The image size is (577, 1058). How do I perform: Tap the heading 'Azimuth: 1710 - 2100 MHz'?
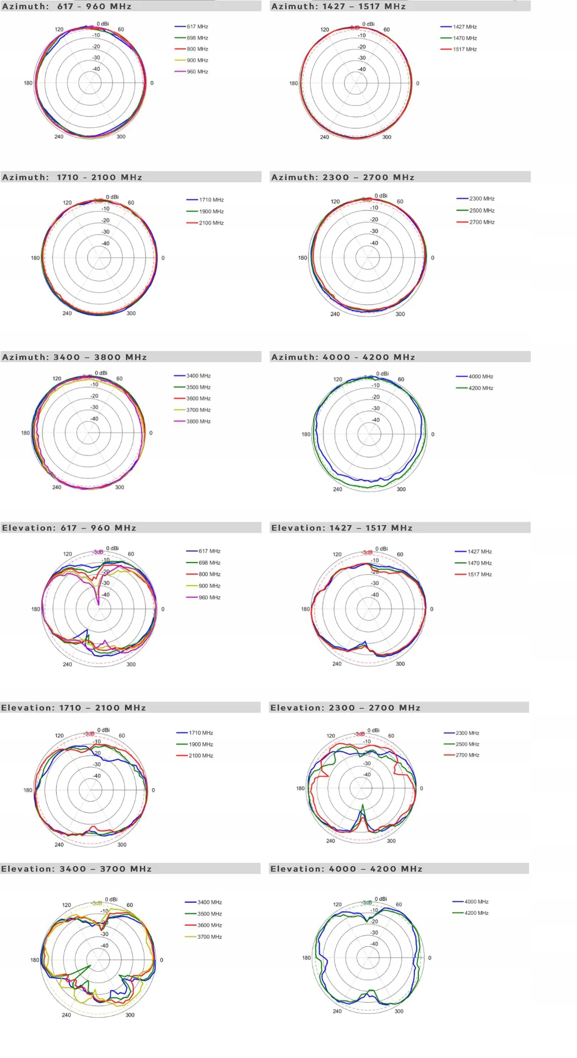pos(72,177)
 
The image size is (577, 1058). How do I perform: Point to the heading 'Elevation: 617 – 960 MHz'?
pos(69,528)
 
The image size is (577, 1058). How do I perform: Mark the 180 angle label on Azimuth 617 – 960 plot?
pos(28,83)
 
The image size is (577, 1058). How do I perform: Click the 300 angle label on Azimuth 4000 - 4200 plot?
pos(401,489)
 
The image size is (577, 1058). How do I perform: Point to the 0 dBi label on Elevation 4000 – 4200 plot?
pos(381,899)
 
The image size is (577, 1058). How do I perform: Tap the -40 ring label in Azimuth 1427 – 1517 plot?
pos(362,69)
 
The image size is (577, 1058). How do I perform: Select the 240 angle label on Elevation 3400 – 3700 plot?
pos(66,1015)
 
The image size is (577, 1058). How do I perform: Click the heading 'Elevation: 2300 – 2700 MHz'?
pos(345,708)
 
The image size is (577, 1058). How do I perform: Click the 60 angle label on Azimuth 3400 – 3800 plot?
pos(120,379)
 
